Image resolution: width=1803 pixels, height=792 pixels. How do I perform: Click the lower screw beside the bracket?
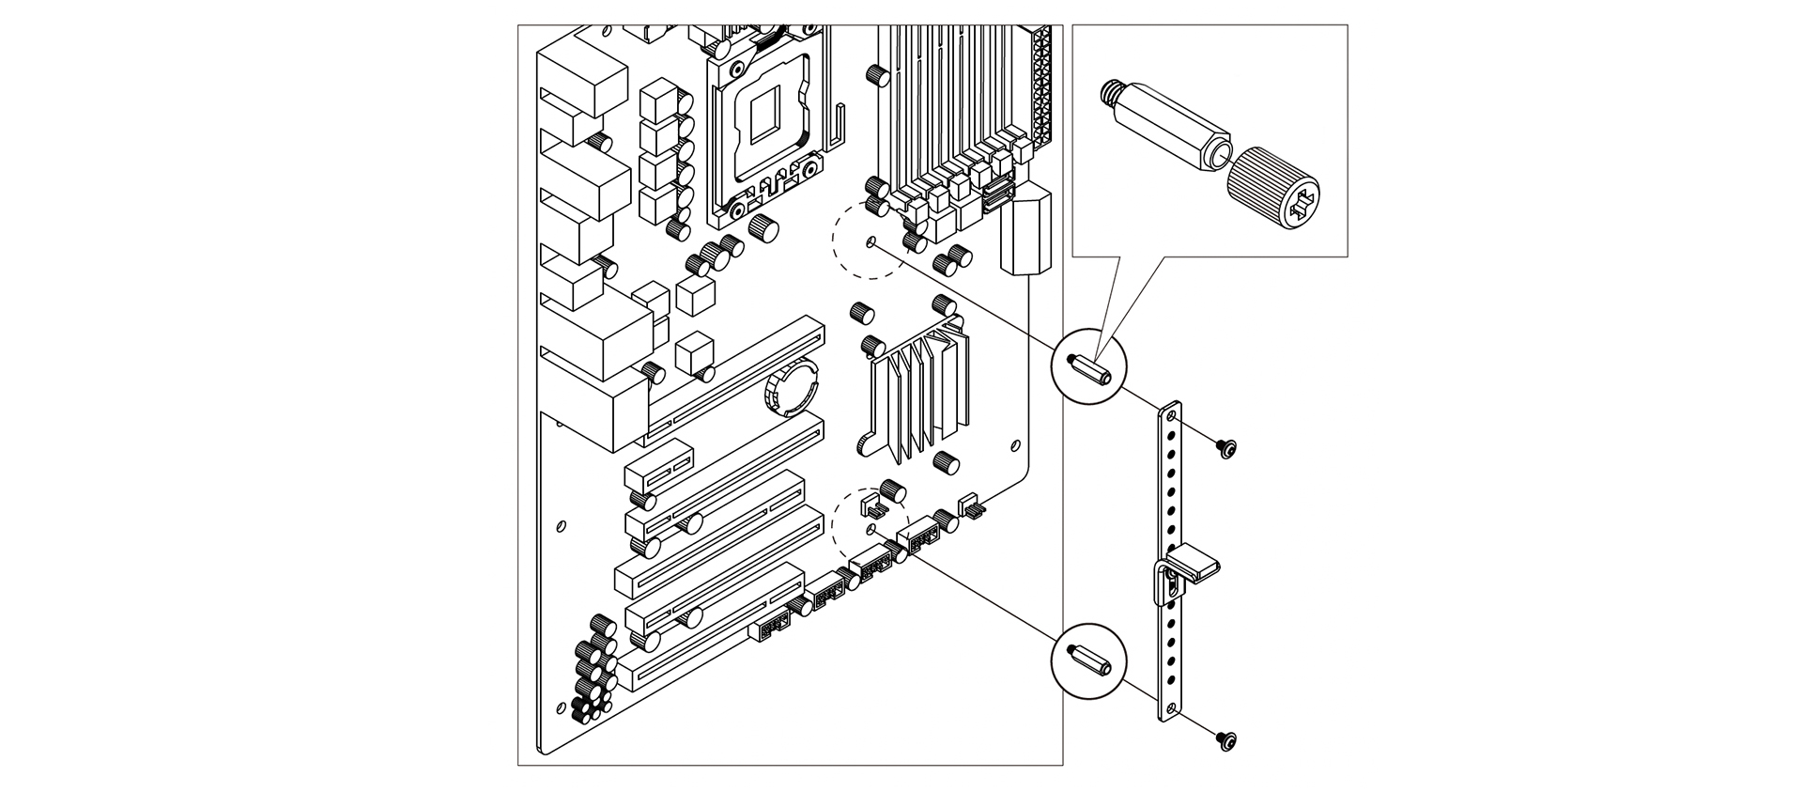coord(1226,740)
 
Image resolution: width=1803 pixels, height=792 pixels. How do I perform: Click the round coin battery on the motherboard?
coord(791,390)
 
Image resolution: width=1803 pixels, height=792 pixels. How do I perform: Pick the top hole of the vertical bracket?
coord(1170,417)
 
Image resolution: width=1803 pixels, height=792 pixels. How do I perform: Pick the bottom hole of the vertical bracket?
coord(1170,707)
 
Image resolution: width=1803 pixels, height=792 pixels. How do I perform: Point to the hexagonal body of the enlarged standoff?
coord(1169,125)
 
